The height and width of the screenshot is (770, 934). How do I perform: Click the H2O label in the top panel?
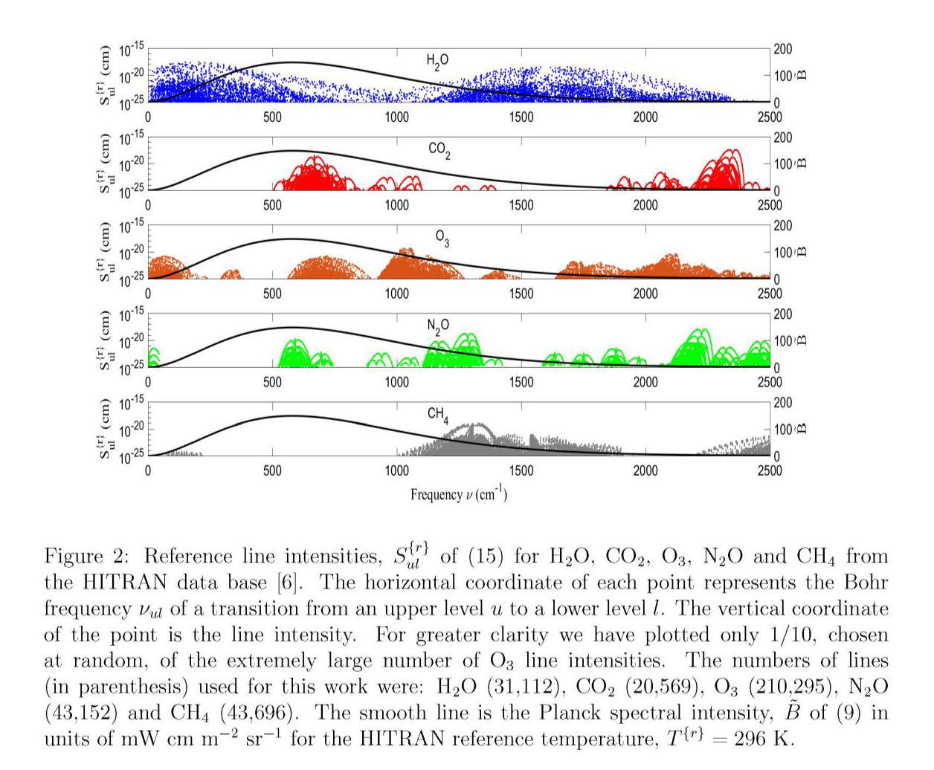(x=437, y=61)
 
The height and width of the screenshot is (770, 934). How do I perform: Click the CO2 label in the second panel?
(x=439, y=150)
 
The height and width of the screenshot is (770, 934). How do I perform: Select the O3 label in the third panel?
(x=442, y=238)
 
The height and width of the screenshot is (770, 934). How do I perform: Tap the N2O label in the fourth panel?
(x=438, y=326)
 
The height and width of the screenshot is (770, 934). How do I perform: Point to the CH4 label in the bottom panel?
(x=438, y=415)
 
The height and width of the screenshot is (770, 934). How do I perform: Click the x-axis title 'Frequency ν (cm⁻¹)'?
(x=459, y=494)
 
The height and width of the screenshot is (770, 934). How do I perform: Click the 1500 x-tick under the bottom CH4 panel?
(x=521, y=470)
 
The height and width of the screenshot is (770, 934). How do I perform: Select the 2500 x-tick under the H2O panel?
(x=770, y=117)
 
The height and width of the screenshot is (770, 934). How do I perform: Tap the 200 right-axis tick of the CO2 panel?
(x=783, y=137)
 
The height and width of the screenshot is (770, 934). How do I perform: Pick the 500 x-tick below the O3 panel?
(x=272, y=294)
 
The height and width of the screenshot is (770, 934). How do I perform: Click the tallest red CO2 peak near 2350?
(x=733, y=151)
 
